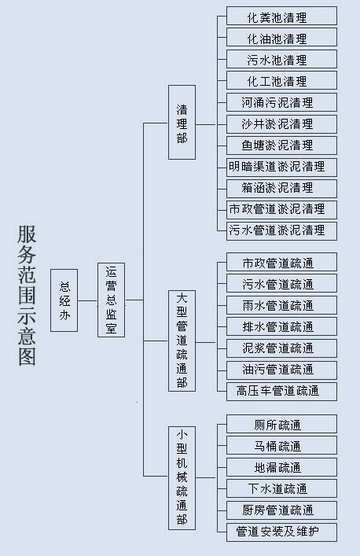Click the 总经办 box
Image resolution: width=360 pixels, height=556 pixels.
click(x=64, y=300)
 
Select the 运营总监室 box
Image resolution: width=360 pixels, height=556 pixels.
click(x=112, y=300)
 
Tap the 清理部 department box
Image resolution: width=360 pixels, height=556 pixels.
click(x=182, y=123)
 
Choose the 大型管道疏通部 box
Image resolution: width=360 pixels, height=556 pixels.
click(x=182, y=341)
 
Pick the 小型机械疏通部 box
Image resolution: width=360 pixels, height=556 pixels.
click(x=182, y=478)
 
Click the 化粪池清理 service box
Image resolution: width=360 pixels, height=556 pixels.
click(x=281, y=16)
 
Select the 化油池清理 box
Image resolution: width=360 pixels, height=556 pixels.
click(x=281, y=37)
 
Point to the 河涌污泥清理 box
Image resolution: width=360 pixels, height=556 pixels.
click(x=281, y=102)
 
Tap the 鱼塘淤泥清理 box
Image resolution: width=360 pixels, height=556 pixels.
click(x=281, y=145)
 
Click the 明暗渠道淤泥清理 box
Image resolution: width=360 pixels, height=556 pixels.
click(x=281, y=167)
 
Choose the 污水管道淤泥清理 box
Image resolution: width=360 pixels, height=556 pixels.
click(x=281, y=231)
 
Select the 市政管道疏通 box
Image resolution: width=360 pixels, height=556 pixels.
click(x=281, y=262)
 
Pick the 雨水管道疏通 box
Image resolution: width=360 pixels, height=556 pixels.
click(x=281, y=305)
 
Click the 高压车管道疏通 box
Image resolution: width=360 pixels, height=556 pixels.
click(x=281, y=392)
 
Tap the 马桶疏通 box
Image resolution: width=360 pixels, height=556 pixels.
click(x=281, y=445)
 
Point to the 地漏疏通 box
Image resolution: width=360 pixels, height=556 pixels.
click(x=281, y=467)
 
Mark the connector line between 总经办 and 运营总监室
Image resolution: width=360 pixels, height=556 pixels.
click(x=87, y=300)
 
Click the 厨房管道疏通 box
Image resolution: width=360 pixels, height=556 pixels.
click(x=281, y=510)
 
